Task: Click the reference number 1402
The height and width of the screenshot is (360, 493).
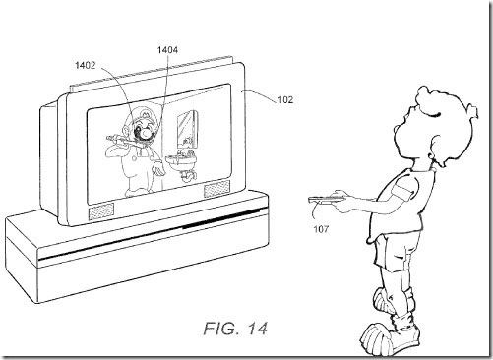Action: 86,65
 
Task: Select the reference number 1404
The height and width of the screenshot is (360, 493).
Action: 167,50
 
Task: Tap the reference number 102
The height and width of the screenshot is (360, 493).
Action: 285,99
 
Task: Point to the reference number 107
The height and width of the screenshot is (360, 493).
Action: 321,229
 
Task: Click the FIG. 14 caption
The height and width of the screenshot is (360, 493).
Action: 235,329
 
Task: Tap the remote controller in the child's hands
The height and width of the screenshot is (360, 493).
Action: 326,199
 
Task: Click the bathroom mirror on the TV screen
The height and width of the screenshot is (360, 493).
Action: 187,129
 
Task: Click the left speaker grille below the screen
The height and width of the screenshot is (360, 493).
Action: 101,211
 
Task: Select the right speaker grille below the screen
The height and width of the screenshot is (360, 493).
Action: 216,189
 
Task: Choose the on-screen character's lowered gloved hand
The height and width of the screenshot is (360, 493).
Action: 160,167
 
